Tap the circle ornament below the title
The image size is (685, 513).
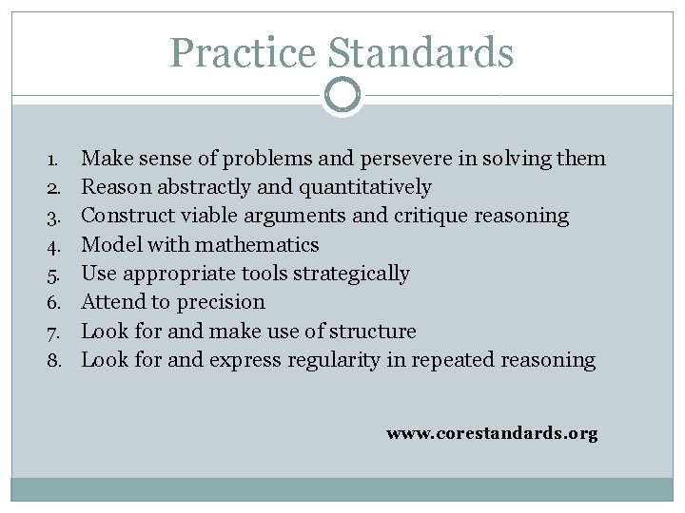coord(342,95)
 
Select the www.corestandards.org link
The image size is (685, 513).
coord(492,433)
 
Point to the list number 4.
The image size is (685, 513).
coord(55,245)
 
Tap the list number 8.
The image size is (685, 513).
coord(55,361)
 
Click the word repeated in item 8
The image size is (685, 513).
coord(451,360)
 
